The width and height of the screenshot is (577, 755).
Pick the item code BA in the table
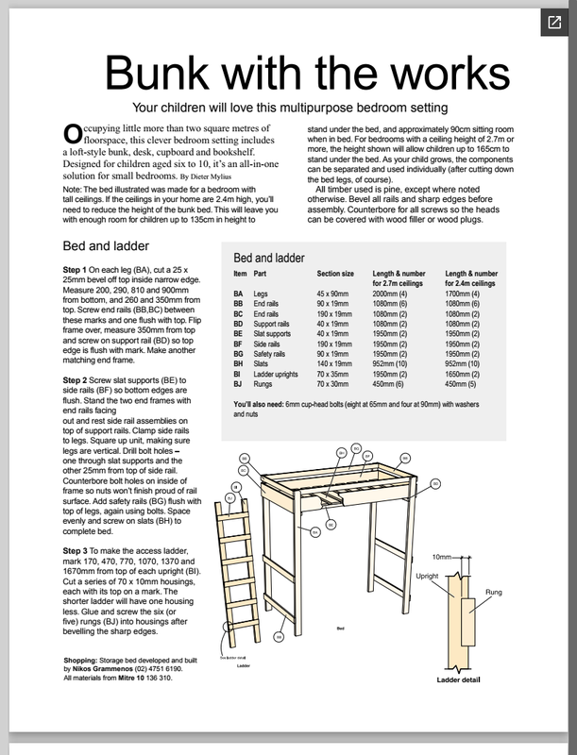(x=239, y=294)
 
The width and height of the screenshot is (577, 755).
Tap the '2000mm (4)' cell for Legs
(x=397, y=294)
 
